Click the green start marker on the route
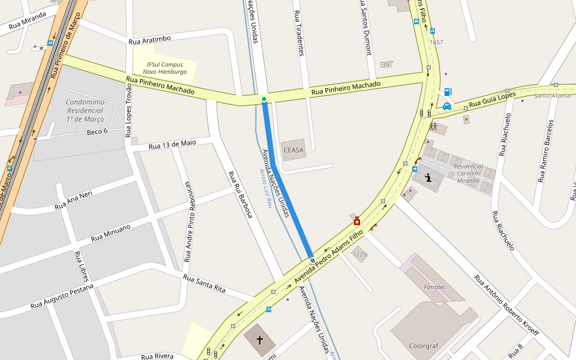coord(263,99)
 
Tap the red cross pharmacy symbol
coord(357,221)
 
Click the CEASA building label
coord(293,150)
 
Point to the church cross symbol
coord(260,340)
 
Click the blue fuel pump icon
coord(448,92)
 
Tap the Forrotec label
coord(435,287)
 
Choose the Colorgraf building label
coord(424,346)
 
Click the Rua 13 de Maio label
coord(172,144)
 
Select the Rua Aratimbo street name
coord(149,40)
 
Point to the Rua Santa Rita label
coord(204,284)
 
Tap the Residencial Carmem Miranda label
coord(468,173)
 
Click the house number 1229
coord(359,255)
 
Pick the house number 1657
coord(436,42)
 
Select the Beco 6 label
coord(97,131)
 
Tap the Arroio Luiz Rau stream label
coord(266,188)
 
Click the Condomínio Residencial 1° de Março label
coord(85,110)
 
